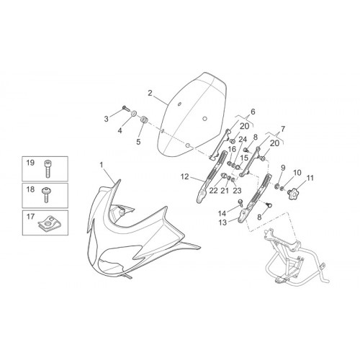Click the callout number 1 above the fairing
click(x=102, y=165)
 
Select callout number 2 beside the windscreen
click(x=150, y=93)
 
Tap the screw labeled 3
click(x=126, y=108)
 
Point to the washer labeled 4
click(x=133, y=112)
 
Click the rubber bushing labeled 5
click(x=144, y=119)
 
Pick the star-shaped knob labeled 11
click(x=293, y=192)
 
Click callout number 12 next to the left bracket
click(x=184, y=177)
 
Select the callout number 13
click(x=222, y=222)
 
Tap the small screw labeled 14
click(x=240, y=202)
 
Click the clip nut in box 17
click(x=45, y=224)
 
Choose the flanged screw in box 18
click(x=45, y=194)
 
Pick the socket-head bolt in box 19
click(x=48, y=168)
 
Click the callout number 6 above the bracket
click(x=253, y=112)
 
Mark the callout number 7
click(x=283, y=129)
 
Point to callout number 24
click(x=243, y=140)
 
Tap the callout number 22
click(x=213, y=191)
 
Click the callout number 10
click(x=297, y=173)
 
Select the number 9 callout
click(x=282, y=168)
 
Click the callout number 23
click(x=237, y=191)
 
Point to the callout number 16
click(x=232, y=149)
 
